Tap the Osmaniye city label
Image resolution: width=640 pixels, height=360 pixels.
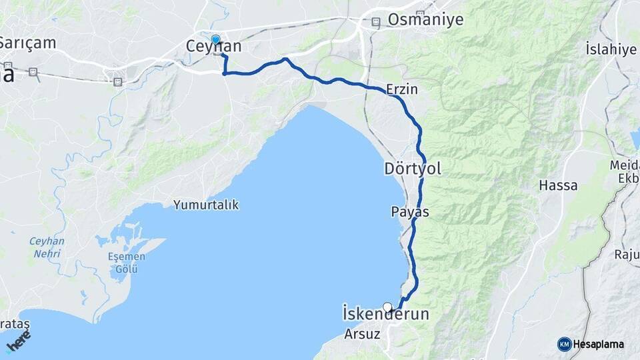(425, 19)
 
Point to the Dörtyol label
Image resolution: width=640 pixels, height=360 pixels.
(413, 169)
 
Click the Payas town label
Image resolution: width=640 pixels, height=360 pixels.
(409, 211)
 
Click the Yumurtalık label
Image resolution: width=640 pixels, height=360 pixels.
(206, 205)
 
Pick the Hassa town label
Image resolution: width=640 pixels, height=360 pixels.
(558, 185)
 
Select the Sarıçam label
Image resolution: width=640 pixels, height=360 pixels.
(27, 43)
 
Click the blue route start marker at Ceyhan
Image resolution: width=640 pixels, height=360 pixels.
(215, 39)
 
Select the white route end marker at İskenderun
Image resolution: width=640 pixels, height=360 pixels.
(387, 307)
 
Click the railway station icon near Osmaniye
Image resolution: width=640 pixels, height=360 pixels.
(377, 22)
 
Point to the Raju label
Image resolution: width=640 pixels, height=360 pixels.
(626, 254)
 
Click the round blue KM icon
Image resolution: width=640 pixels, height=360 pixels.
(565, 344)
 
